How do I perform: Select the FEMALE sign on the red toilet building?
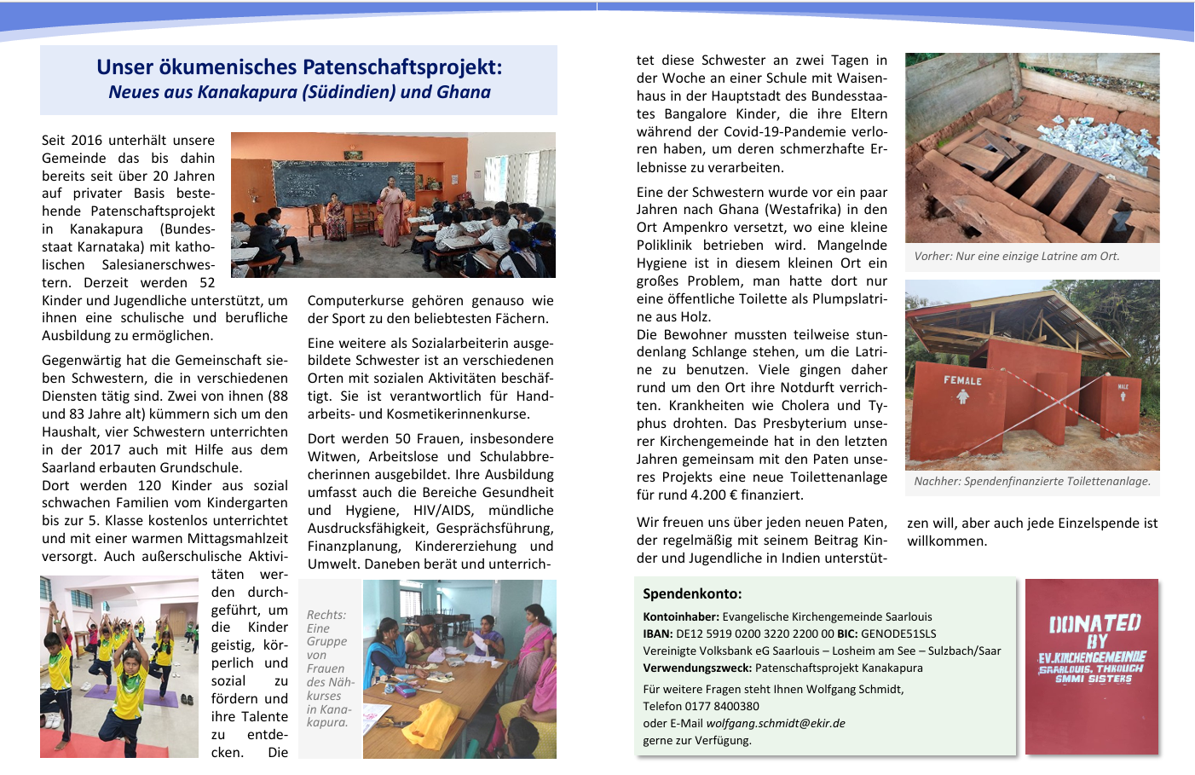pyautogui.click(x=962, y=380)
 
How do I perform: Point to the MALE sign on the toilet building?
pyautogui.click(x=1123, y=387)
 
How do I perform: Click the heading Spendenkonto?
pyautogui.click(x=692, y=593)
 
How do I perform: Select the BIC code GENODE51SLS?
pyautogui.click(x=898, y=633)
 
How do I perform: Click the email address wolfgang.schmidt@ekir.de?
pyautogui.click(x=776, y=723)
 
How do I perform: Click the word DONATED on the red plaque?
pyautogui.click(x=1094, y=623)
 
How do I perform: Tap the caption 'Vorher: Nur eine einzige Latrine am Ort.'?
pyautogui.click(x=1017, y=256)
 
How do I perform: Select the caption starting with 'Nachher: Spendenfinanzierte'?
pyautogui.click(x=1032, y=481)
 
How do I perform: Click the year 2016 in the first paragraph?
pyautogui.click(x=86, y=141)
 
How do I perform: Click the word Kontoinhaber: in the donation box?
pyautogui.click(x=681, y=616)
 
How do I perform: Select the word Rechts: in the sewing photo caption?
pyautogui.click(x=326, y=615)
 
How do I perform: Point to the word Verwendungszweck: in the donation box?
pyautogui.click(x=697, y=668)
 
